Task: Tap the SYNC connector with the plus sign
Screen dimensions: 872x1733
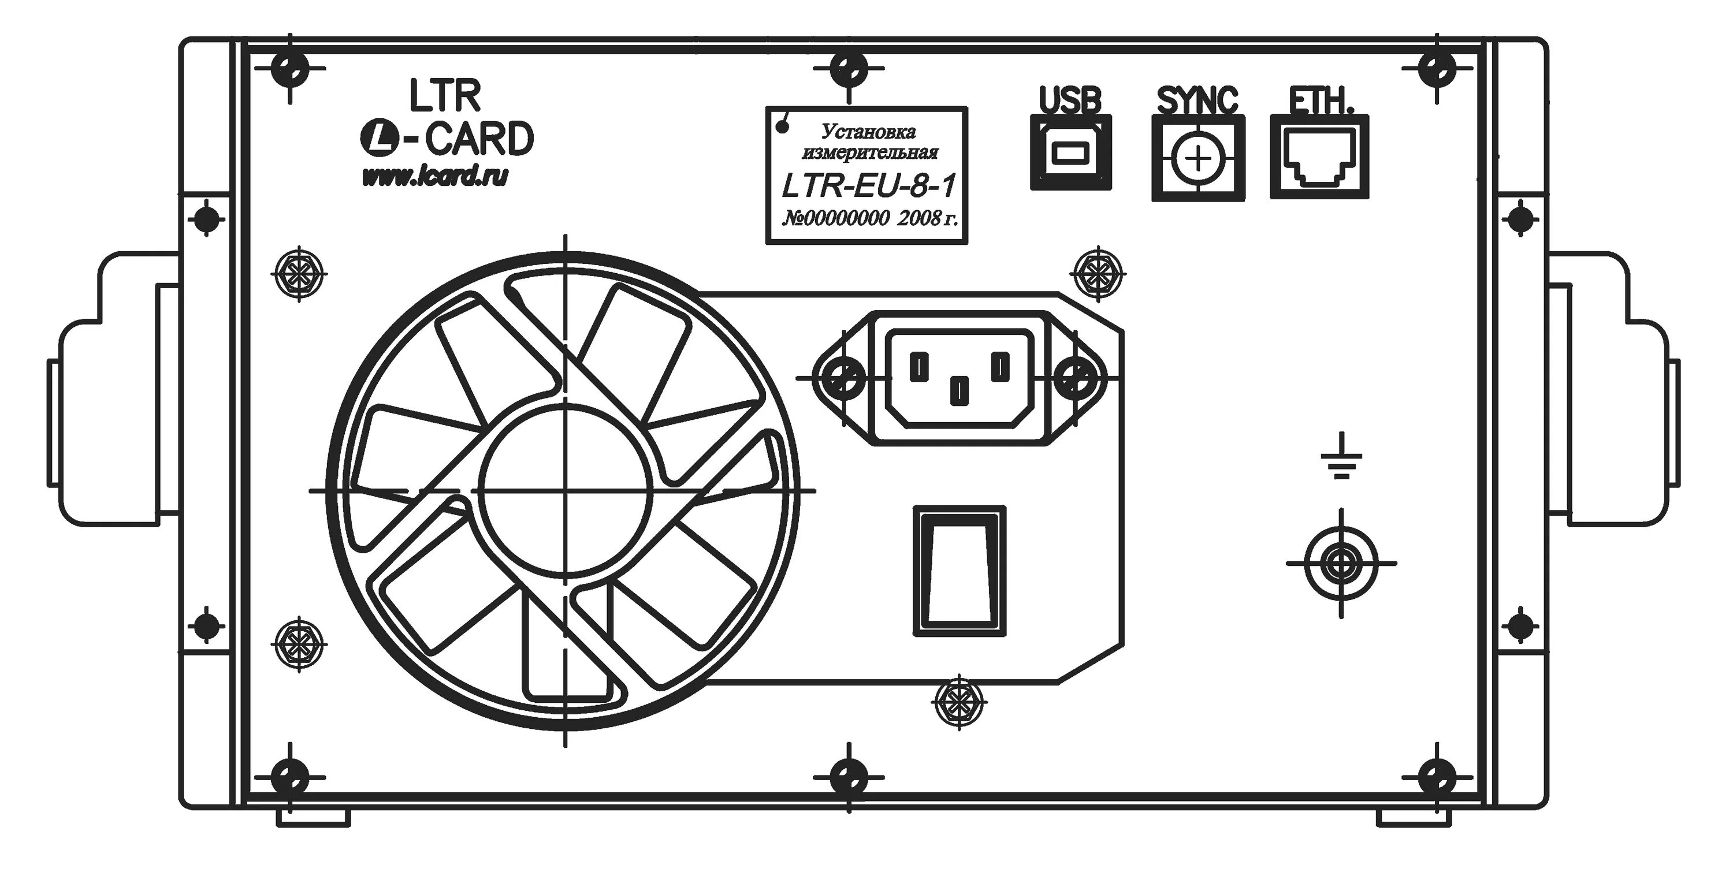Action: (x=1198, y=159)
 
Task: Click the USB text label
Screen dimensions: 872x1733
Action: (x=1070, y=101)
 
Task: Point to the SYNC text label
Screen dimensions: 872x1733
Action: (x=1198, y=101)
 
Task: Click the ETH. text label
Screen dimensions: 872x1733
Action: (x=1311, y=103)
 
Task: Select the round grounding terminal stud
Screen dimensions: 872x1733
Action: (x=1341, y=564)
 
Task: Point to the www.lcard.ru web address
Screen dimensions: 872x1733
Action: (x=434, y=177)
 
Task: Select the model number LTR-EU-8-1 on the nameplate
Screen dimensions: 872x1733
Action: (x=868, y=188)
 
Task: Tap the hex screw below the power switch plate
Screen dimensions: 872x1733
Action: (x=959, y=704)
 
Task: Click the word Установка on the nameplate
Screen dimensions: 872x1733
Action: (x=869, y=131)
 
